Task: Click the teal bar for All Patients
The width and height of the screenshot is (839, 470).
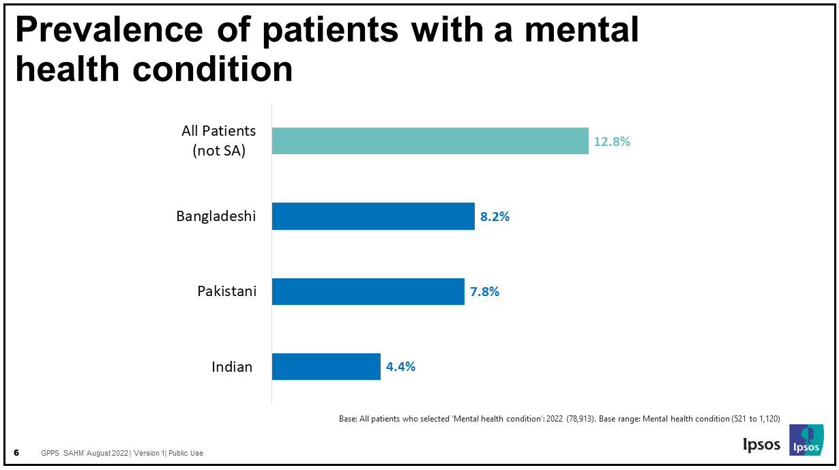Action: pyautogui.click(x=430, y=141)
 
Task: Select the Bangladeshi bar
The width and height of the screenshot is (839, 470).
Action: pyautogui.click(x=373, y=216)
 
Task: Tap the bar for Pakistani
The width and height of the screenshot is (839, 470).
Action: pyautogui.click(x=368, y=291)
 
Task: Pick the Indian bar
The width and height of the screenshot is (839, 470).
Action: pyautogui.click(x=326, y=366)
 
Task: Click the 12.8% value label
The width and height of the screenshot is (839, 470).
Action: pyautogui.click(x=612, y=142)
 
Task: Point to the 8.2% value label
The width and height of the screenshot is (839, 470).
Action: pyautogui.click(x=495, y=217)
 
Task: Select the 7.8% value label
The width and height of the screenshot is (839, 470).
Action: pyautogui.click(x=484, y=292)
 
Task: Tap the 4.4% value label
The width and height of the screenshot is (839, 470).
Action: pyautogui.click(x=400, y=367)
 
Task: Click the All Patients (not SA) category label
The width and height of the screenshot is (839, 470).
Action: pyautogui.click(x=218, y=141)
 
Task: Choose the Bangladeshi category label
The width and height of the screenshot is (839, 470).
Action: pyautogui.click(x=216, y=216)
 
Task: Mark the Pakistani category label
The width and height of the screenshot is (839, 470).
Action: pyautogui.click(x=227, y=291)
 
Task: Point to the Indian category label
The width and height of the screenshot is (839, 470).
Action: pyautogui.click(x=232, y=367)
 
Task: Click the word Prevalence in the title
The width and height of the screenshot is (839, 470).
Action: pyautogui.click(x=109, y=30)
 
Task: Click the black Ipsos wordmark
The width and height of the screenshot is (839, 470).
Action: pyautogui.click(x=761, y=444)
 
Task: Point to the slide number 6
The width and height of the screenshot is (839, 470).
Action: pyautogui.click(x=17, y=453)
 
